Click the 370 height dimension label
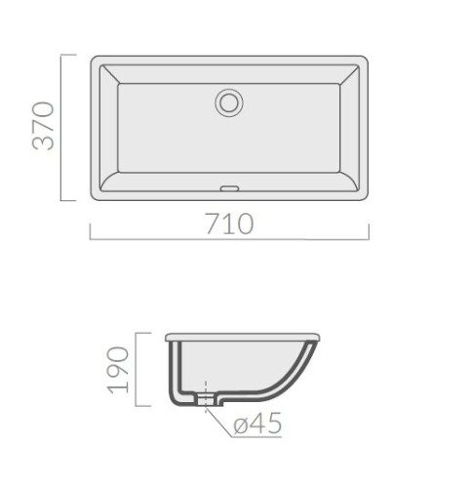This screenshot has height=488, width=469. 43,126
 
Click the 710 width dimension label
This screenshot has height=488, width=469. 229,224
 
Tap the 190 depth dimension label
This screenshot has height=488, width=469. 119,370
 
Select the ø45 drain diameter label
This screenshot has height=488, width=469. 257,423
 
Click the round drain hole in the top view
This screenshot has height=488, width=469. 229,102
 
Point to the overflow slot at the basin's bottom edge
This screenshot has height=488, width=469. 229,188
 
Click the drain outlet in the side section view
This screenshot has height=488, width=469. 206,399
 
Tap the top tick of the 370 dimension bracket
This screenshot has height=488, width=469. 68,55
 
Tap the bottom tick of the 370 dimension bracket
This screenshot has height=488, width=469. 68,200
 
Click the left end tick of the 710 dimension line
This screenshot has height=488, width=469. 90,231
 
